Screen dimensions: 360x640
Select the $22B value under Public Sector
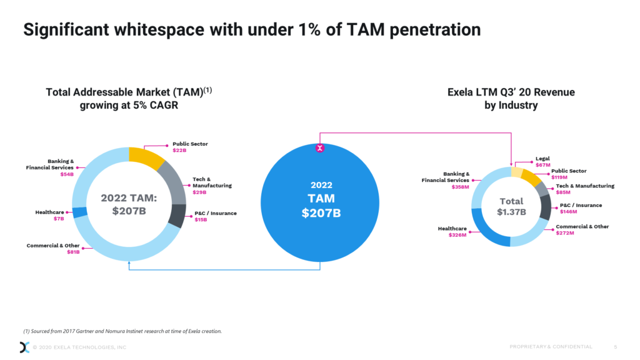pyautogui.click(x=179, y=151)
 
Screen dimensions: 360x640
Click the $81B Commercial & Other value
pyautogui.click(x=73, y=252)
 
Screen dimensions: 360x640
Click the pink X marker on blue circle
pyautogui.click(x=320, y=148)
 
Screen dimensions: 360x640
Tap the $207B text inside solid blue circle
pyautogui.click(x=320, y=213)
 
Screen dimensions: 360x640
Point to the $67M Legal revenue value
pyautogui.click(x=542, y=165)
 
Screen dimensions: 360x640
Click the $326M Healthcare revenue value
pyautogui.click(x=457, y=235)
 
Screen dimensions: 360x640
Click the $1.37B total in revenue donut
pyautogui.click(x=512, y=211)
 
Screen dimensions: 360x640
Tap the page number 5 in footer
pyautogui.click(x=616, y=347)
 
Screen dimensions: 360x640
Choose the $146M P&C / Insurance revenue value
pyautogui.click(x=569, y=211)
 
